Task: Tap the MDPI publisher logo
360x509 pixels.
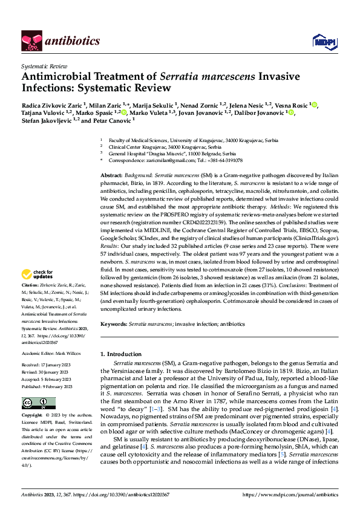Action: coord(321,41)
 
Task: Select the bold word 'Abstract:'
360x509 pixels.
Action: coord(113,173)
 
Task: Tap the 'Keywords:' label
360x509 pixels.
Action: coord(113,324)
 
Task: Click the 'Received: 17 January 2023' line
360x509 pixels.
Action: coord(47,366)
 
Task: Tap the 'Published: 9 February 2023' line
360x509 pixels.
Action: coord(47,386)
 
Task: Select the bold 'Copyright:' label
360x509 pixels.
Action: coord(31,416)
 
